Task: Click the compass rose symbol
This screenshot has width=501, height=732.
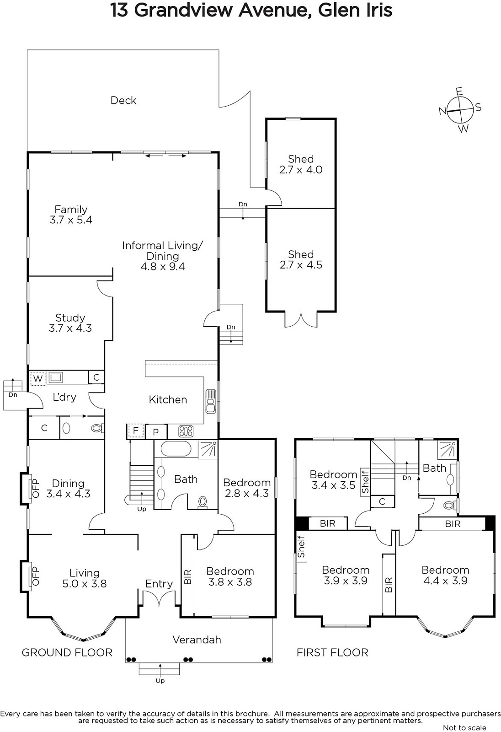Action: click(460, 110)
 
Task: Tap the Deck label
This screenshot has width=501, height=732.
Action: click(123, 100)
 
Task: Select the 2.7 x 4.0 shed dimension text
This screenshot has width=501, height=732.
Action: click(301, 170)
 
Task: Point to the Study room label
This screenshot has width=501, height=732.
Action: click(70, 318)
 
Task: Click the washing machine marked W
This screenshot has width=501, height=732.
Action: click(38, 378)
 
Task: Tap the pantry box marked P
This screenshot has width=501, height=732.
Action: click(156, 432)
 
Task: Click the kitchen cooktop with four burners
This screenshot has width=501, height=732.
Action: click(186, 431)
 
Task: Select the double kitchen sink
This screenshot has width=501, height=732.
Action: click(211, 401)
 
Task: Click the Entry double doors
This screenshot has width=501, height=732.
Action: click(159, 597)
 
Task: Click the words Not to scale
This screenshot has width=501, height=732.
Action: click(464, 727)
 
